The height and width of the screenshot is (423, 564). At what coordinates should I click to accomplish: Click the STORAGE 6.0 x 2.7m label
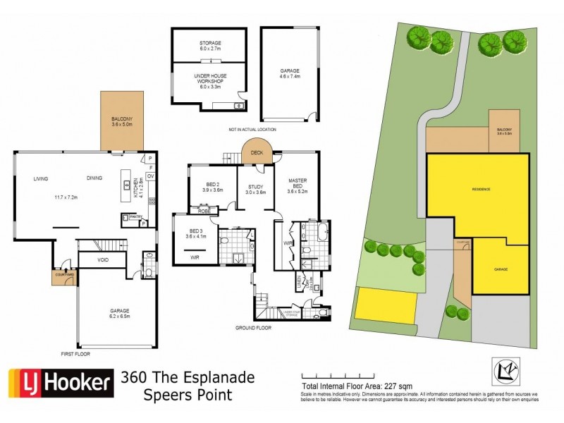click(209, 46)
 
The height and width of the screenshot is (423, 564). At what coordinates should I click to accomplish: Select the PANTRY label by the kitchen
click(131, 218)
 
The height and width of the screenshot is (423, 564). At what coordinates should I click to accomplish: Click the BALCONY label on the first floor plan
click(123, 121)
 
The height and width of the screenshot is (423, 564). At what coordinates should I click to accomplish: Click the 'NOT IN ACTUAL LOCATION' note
click(251, 130)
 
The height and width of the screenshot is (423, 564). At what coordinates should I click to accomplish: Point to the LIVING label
click(39, 179)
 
